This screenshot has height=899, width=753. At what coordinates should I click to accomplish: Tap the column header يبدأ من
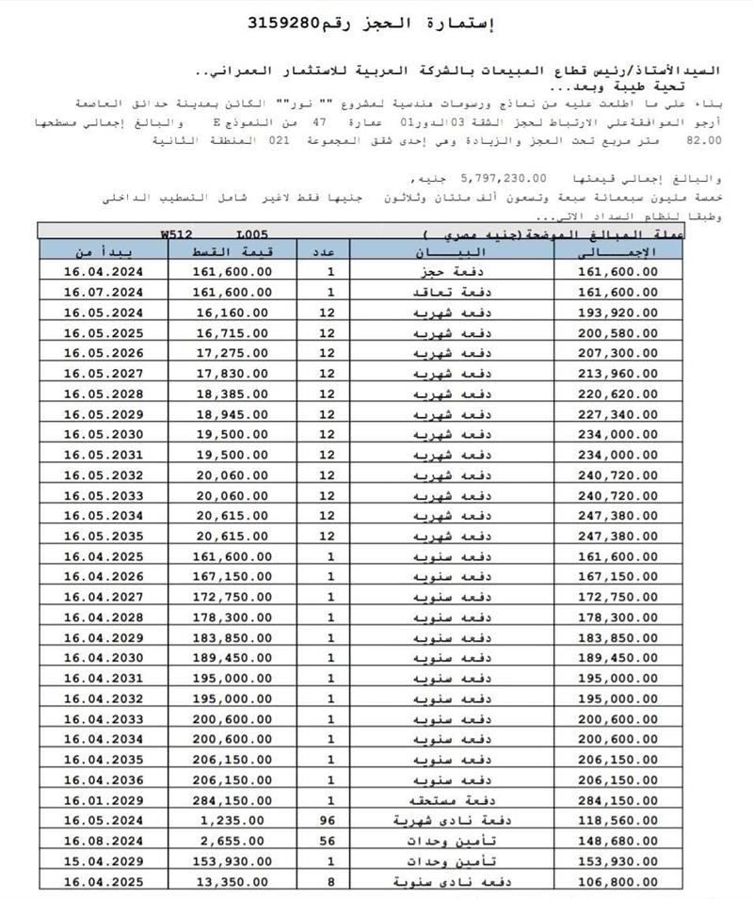pyautogui.click(x=102, y=251)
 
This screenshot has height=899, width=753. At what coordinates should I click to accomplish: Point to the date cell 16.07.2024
pyautogui.click(x=102, y=292)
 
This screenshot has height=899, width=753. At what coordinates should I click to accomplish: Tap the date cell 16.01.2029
pyautogui.click(x=102, y=800)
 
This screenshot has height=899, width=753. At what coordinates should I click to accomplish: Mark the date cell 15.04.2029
pyautogui.click(x=102, y=860)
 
